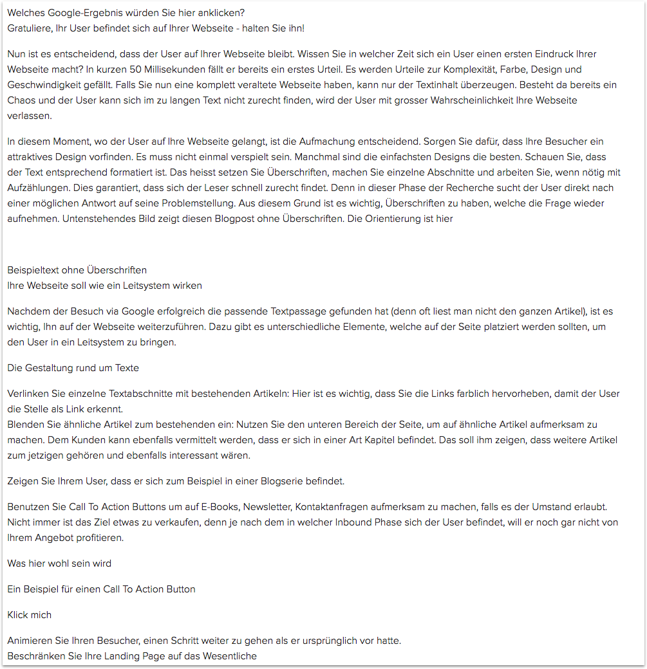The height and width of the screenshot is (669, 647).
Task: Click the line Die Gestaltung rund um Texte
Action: (x=73, y=368)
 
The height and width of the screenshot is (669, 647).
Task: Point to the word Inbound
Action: (x=355, y=522)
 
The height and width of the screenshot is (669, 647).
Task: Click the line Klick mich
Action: (x=29, y=615)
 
